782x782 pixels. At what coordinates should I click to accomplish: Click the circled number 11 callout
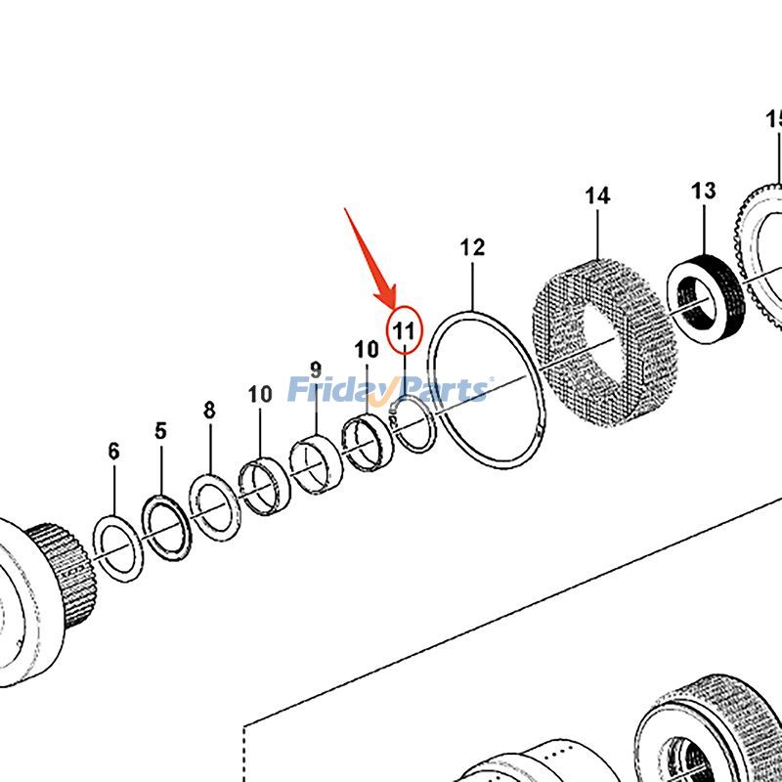click(x=405, y=330)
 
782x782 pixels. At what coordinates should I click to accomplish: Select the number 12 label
click(x=472, y=247)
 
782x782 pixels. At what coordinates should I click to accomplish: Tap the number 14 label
click(x=597, y=195)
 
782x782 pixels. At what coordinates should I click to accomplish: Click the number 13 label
click(x=703, y=191)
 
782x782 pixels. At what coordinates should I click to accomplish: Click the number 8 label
click(x=209, y=411)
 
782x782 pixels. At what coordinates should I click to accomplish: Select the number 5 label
click(x=160, y=430)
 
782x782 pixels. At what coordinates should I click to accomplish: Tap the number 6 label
click(x=113, y=451)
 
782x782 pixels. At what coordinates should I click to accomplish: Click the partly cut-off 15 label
click(x=773, y=120)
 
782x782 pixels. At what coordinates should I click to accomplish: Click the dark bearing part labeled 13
click(x=706, y=298)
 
